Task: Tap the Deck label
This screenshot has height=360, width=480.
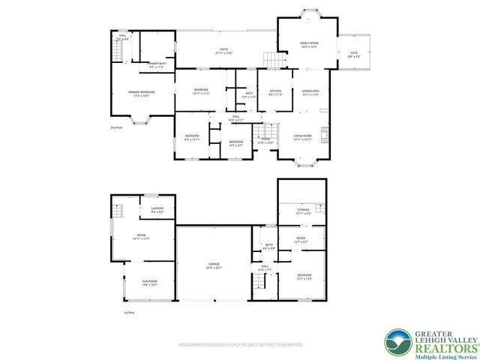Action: click(x=354, y=54)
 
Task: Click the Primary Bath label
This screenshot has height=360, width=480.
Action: click(x=157, y=65)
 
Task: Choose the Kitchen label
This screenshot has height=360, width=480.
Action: click(x=275, y=93)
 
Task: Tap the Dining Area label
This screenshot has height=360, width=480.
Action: click(x=310, y=93)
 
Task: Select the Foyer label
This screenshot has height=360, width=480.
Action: click(x=265, y=139)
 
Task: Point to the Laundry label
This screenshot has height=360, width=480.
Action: click(x=157, y=210)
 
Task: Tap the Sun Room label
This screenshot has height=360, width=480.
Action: click(x=149, y=283)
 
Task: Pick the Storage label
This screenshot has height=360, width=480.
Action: click(x=302, y=211)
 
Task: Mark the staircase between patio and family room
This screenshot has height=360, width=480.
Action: click(x=273, y=58)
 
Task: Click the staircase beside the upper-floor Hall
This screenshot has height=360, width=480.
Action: click(x=118, y=51)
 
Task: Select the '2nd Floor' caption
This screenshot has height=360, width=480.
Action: click(x=115, y=128)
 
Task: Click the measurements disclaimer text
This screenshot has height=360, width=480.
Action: click(x=240, y=345)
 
